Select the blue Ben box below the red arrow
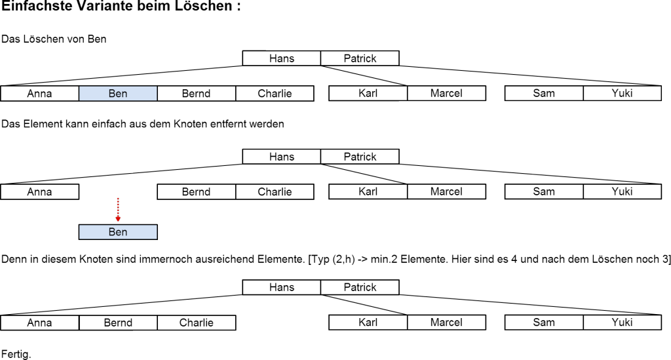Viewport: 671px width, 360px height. pos(118,232)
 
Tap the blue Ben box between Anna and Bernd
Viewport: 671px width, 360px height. pos(118,94)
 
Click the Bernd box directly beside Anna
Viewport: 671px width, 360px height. pos(118,323)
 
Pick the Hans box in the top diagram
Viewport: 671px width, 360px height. pos(282,58)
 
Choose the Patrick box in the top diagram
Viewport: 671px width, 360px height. pos(360,58)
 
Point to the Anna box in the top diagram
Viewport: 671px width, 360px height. pos(39,94)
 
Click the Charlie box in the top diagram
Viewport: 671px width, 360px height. pos(275,94)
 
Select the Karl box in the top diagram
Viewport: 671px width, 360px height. pos(368,94)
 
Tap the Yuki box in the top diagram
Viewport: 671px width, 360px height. pos(622,94)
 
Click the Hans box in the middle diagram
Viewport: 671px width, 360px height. pos(282,157)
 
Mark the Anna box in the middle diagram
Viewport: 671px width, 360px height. pos(39,192)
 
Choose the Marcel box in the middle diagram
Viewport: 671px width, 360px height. pos(446,192)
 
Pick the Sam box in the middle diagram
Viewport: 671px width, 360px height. pos(544,192)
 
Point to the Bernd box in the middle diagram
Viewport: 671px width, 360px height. pos(196,192)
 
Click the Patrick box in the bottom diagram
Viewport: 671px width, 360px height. pos(360,287)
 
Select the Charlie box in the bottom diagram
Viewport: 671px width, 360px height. pos(196,323)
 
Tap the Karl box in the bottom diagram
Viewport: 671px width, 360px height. pos(368,323)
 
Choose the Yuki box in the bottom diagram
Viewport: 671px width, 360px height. pos(622,323)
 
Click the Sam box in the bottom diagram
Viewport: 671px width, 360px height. pos(544,323)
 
